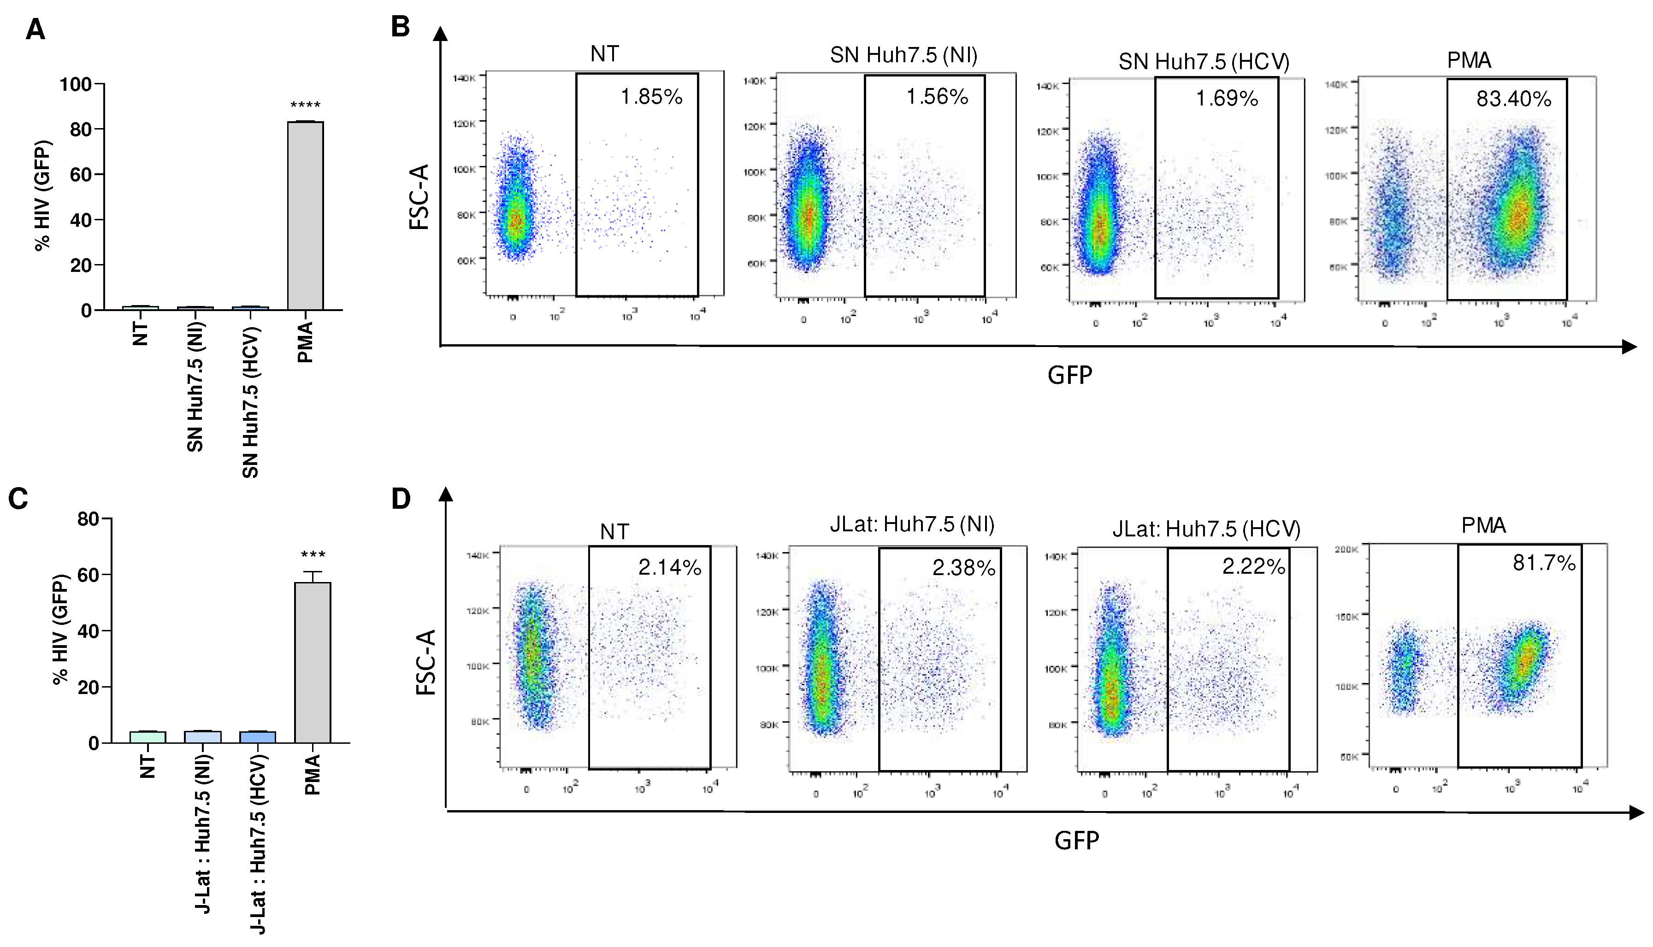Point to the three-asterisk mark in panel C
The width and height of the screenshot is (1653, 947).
[313, 555]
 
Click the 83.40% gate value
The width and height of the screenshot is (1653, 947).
[1513, 99]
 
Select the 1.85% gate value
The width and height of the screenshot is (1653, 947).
[651, 97]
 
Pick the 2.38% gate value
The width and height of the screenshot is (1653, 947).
[963, 568]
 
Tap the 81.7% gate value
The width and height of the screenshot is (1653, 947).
[1544, 563]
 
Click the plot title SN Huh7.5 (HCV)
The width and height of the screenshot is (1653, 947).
[1204, 62]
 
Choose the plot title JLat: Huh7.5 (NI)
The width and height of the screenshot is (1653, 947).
[912, 524]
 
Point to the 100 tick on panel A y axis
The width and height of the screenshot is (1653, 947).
[76, 84]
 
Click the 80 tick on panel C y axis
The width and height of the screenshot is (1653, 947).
[88, 519]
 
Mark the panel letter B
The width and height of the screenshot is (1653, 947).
[400, 27]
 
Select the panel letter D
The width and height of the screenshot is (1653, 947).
[401, 499]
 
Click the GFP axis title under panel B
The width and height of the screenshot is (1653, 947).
[1069, 375]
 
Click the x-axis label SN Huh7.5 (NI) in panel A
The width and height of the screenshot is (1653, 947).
[195, 387]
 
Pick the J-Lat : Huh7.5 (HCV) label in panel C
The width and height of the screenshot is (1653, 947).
[258, 844]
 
